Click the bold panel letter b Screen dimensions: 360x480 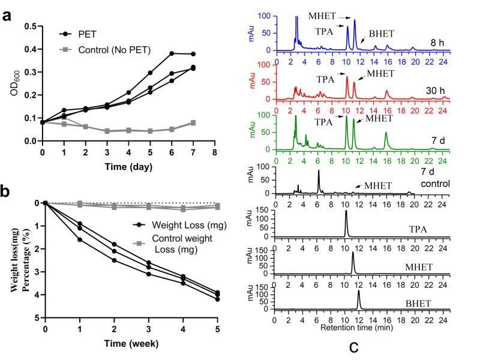pos(8,193)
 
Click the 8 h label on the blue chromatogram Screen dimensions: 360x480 pos(437,43)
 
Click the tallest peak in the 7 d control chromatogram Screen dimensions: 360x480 pos(318,171)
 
